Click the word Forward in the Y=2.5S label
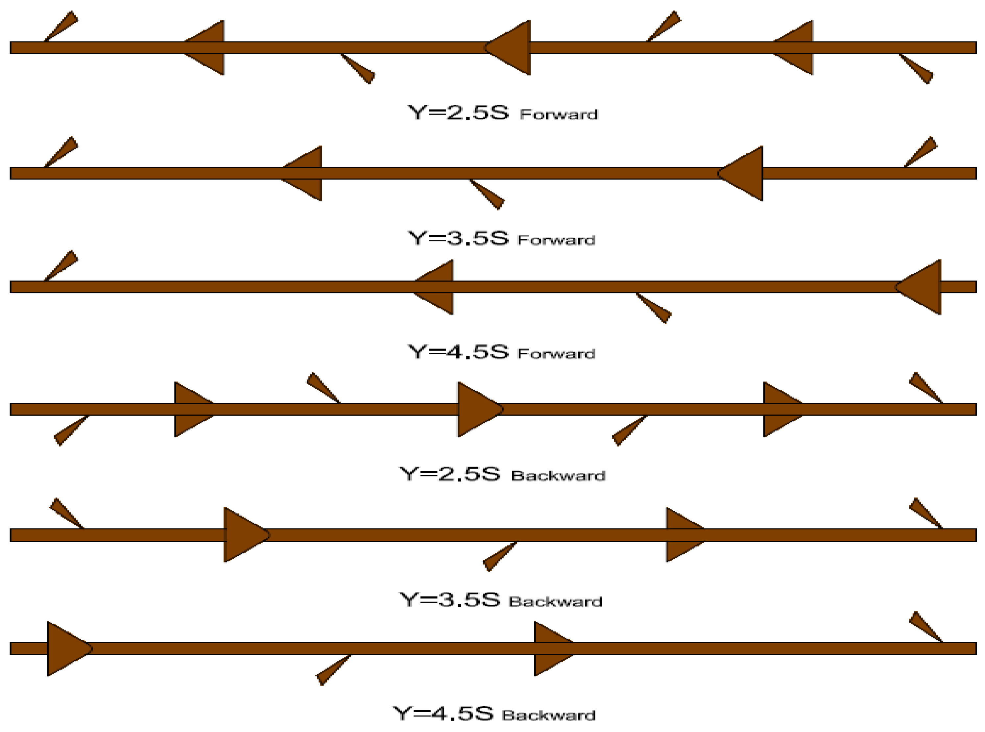pyautogui.click(x=559, y=114)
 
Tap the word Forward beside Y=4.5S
pyautogui.click(x=556, y=354)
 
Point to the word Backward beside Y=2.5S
pyautogui.click(x=558, y=476)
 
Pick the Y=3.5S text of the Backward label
pyautogui.click(x=450, y=600)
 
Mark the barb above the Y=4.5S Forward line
pyautogui.click(x=61, y=265)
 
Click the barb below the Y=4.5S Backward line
pyautogui.click(x=332, y=670)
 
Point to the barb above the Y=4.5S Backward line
pyautogui.click(x=925, y=626)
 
